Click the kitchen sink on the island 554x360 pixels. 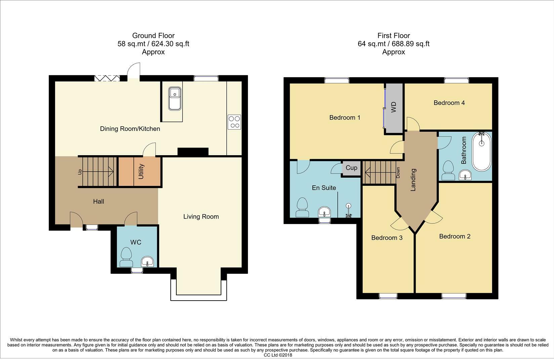click(x=175, y=98)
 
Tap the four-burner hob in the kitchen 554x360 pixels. click(x=234, y=122)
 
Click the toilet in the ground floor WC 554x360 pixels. click(x=126, y=257)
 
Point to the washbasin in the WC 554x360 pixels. click(x=147, y=262)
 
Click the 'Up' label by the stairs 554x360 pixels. click(x=80, y=172)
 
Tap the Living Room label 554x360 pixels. click(x=201, y=217)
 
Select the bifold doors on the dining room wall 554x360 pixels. click(x=107, y=78)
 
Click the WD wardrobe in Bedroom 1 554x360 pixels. click(x=394, y=107)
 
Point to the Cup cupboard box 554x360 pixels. click(x=351, y=168)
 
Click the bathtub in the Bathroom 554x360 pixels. click(x=482, y=152)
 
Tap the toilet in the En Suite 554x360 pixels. click(x=302, y=208)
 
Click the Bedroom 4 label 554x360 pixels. click(x=449, y=103)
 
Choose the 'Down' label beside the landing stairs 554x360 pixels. click(x=398, y=173)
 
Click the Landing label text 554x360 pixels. click(x=413, y=180)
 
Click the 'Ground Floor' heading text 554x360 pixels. click(x=153, y=36)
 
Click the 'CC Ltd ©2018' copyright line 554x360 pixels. click(x=278, y=355)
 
